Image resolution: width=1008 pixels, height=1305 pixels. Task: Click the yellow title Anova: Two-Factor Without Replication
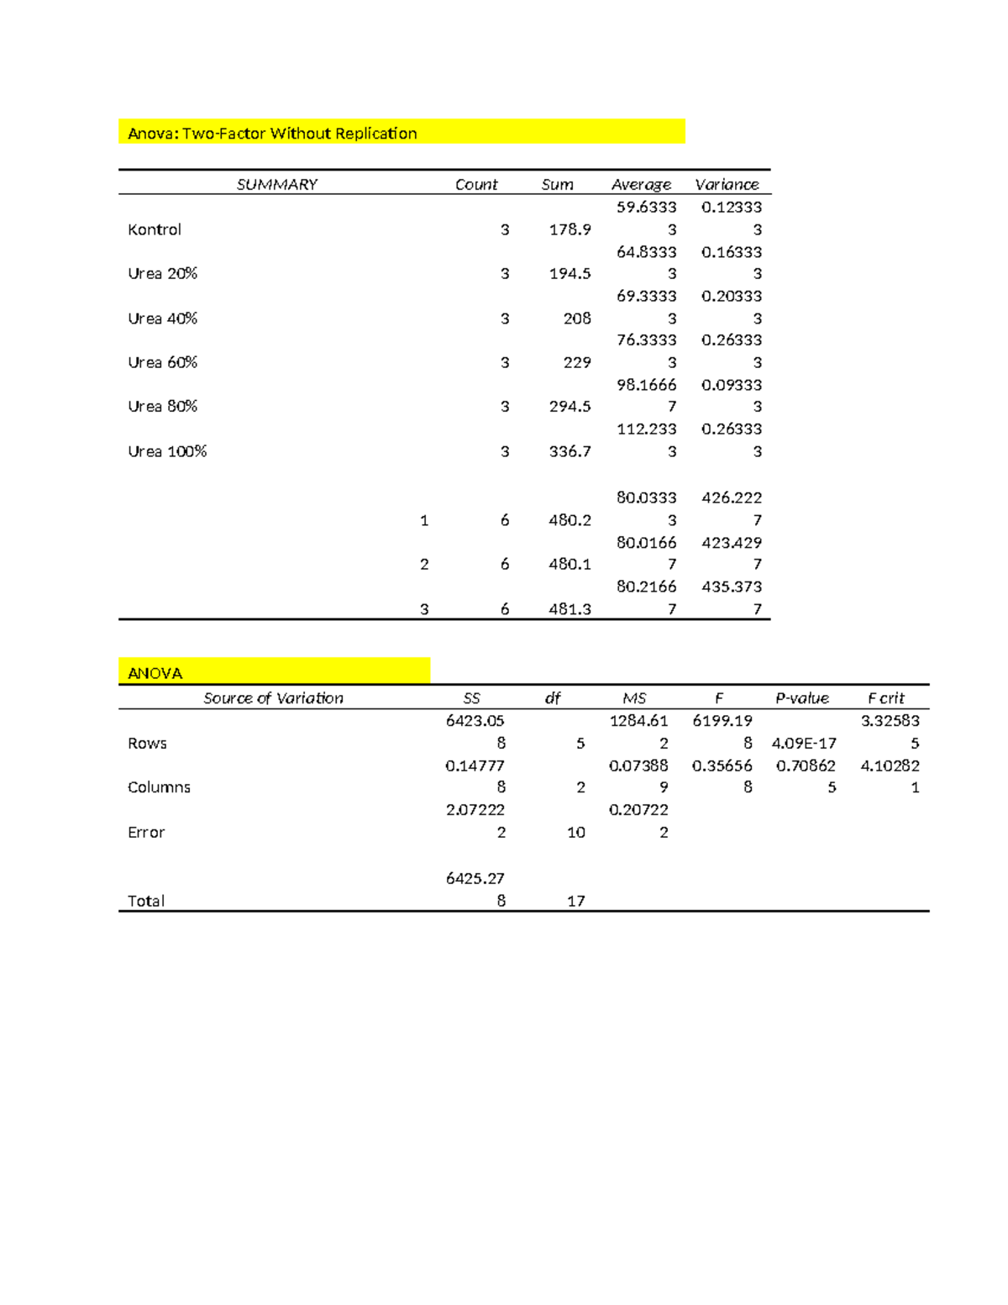pyautogui.click(x=272, y=133)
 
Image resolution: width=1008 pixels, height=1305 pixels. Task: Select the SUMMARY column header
pyautogui.click(x=276, y=184)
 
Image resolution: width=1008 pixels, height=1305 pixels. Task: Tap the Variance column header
pyautogui.click(x=727, y=184)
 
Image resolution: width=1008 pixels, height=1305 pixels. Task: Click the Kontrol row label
pyautogui.click(x=155, y=229)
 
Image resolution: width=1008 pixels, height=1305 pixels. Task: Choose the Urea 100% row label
pyautogui.click(x=167, y=451)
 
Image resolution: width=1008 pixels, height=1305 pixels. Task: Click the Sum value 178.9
pyautogui.click(x=570, y=229)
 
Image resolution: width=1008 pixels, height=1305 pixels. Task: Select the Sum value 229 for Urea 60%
pyautogui.click(x=577, y=362)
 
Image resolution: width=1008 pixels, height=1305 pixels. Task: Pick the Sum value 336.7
pyautogui.click(x=570, y=451)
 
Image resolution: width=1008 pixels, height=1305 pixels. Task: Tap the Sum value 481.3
pyautogui.click(x=570, y=609)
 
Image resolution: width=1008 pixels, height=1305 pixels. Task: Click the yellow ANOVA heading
pyautogui.click(x=155, y=673)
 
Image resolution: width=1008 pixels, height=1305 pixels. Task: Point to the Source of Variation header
pyautogui.click(x=273, y=697)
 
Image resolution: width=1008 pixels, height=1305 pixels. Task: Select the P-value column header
pyautogui.click(x=801, y=697)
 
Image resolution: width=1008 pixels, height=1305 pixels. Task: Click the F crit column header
pyautogui.click(x=885, y=697)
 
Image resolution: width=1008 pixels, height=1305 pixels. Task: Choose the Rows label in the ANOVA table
pyautogui.click(x=147, y=743)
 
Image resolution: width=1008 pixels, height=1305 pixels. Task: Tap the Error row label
pyautogui.click(x=146, y=832)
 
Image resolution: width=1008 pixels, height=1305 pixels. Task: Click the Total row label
pyautogui.click(x=146, y=901)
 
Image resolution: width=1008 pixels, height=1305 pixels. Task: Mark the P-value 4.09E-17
pyautogui.click(x=804, y=743)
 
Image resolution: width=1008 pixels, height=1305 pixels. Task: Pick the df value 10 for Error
pyautogui.click(x=575, y=832)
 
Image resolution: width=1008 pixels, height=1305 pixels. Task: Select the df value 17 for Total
pyautogui.click(x=575, y=901)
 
